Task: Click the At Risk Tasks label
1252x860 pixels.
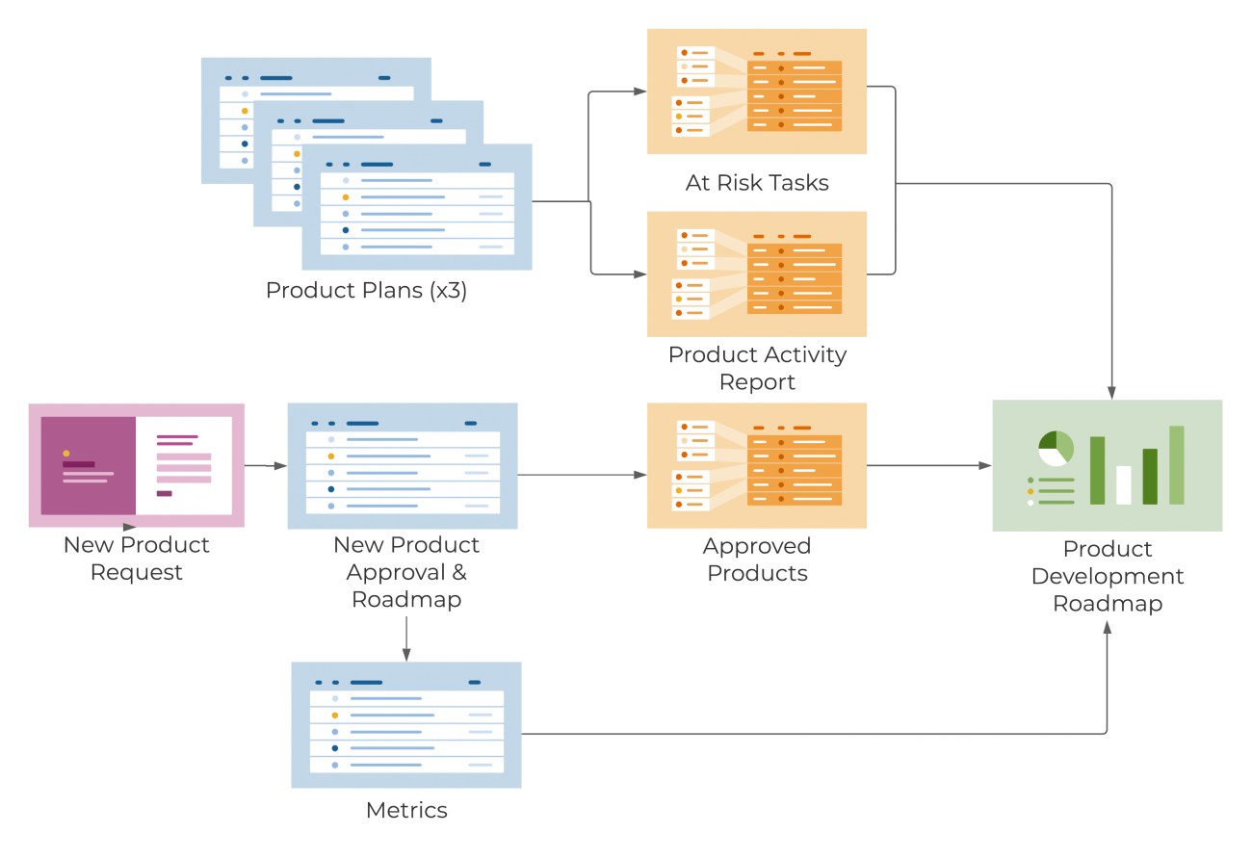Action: tap(757, 183)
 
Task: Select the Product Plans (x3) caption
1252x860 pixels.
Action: tap(366, 290)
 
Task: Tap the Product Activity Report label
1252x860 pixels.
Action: tap(757, 368)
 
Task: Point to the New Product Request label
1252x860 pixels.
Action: tap(137, 559)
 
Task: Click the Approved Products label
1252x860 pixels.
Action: tap(757, 560)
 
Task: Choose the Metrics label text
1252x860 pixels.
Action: tap(406, 810)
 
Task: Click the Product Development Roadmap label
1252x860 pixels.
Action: tap(1108, 576)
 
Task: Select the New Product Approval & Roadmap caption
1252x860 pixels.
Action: tap(406, 572)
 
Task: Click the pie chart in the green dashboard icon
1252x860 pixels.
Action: tap(1056, 449)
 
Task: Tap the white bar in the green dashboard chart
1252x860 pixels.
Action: tap(1123, 484)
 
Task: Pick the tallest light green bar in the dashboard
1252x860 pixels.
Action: tap(1176, 464)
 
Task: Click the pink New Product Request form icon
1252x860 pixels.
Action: tap(137, 465)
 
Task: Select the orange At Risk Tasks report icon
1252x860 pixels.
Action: tap(757, 91)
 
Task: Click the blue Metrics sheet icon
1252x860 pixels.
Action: tap(406, 724)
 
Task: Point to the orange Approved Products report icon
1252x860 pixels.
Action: tap(757, 466)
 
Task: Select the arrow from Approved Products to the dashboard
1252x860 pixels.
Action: tap(929, 465)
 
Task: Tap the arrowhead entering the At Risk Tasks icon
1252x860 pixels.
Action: tap(641, 91)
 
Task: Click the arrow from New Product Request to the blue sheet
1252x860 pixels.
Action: tap(267, 466)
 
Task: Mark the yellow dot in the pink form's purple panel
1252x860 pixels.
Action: tap(66, 453)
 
